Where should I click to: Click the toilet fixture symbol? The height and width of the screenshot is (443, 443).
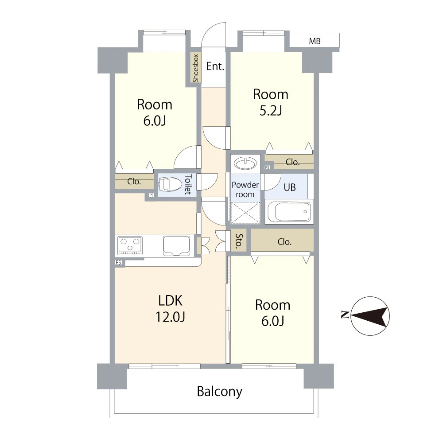[x=170, y=185]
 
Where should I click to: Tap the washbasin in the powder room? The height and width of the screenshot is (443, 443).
[x=246, y=163]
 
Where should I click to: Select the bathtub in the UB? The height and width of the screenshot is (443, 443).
[x=289, y=212]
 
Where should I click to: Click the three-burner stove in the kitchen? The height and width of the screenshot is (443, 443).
[x=130, y=245]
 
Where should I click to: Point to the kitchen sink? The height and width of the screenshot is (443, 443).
[x=176, y=245]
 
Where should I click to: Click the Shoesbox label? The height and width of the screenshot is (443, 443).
[x=195, y=68]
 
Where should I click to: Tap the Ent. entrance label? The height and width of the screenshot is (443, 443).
[x=215, y=66]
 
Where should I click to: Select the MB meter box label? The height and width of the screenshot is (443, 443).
[x=315, y=41]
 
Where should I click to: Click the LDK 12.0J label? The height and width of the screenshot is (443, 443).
[x=171, y=308]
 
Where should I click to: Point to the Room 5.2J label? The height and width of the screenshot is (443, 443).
[x=271, y=102]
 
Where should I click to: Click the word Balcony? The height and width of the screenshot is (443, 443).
[x=220, y=392]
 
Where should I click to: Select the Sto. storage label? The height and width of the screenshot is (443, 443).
[x=239, y=241]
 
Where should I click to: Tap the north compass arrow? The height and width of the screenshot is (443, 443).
[x=369, y=316]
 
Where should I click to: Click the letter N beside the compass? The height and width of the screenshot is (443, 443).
[x=345, y=315]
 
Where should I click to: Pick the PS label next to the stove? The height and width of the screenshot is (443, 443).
[x=118, y=262]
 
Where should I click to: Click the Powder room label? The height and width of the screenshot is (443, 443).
[x=245, y=190]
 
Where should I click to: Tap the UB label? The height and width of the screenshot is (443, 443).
[x=290, y=187]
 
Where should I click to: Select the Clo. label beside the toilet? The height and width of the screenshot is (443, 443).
[x=134, y=181]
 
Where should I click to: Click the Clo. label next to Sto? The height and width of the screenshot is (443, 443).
[x=284, y=242]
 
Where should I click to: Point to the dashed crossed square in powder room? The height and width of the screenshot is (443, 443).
[x=245, y=213]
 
